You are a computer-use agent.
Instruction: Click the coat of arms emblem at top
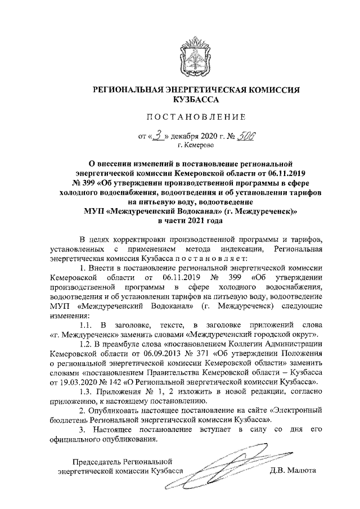pyautogui.click(x=194, y=53)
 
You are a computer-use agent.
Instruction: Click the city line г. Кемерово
pyautogui.click(x=194, y=145)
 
